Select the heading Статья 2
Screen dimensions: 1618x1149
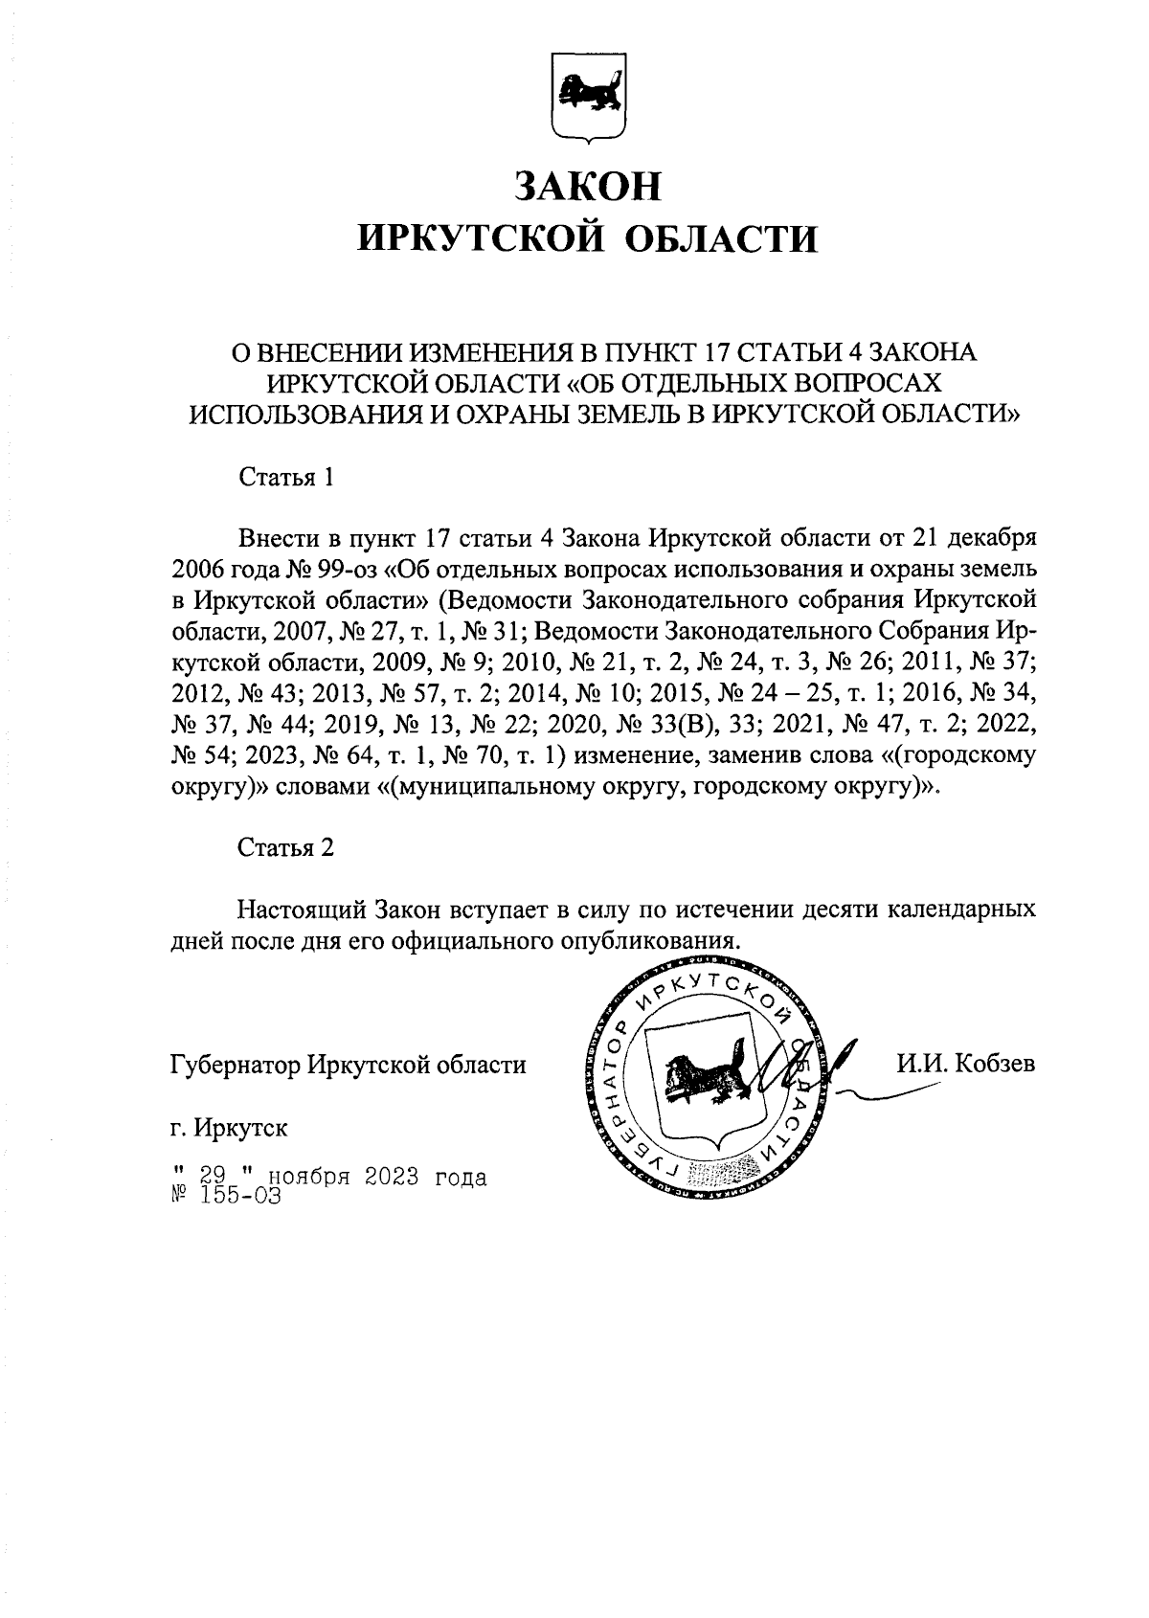coord(285,848)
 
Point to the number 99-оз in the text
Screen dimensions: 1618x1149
coord(344,568)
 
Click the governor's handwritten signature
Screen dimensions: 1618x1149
coord(800,1067)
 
